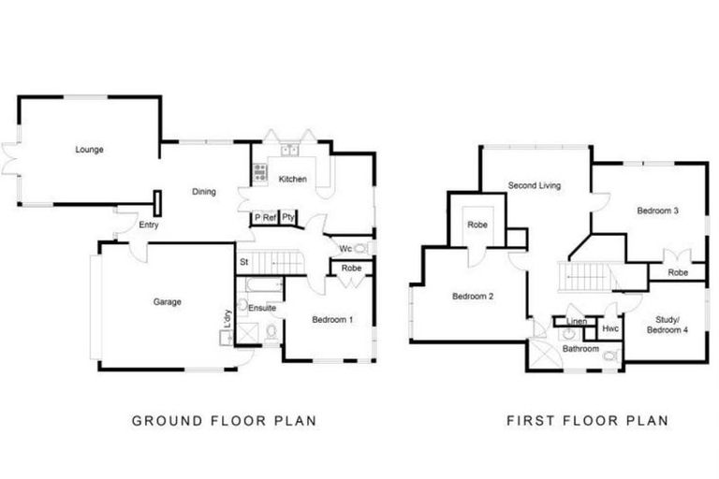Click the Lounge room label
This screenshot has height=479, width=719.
point(90,150)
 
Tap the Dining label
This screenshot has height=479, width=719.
point(204,192)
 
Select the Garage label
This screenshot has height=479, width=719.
point(168,301)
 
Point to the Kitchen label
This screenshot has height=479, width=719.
point(292,179)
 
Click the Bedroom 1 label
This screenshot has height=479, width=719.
point(332,319)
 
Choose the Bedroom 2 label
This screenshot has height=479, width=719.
point(473,297)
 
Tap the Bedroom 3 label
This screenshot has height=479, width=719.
point(657,210)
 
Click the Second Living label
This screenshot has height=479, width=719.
point(535,185)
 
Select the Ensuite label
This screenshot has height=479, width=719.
point(262,308)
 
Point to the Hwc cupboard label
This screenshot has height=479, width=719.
point(610,328)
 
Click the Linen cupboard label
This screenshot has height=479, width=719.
point(577,321)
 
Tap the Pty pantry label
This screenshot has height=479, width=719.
point(288,217)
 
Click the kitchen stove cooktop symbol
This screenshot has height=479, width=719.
point(260,172)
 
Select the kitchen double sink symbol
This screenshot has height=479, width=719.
point(289,150)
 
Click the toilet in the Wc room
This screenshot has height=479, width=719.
point(360,249)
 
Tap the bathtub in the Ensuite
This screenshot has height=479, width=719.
point(265,285)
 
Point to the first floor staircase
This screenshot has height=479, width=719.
point(584,276)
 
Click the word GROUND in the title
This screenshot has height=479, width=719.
point(167,421)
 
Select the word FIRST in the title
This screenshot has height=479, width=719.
point(530,420)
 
